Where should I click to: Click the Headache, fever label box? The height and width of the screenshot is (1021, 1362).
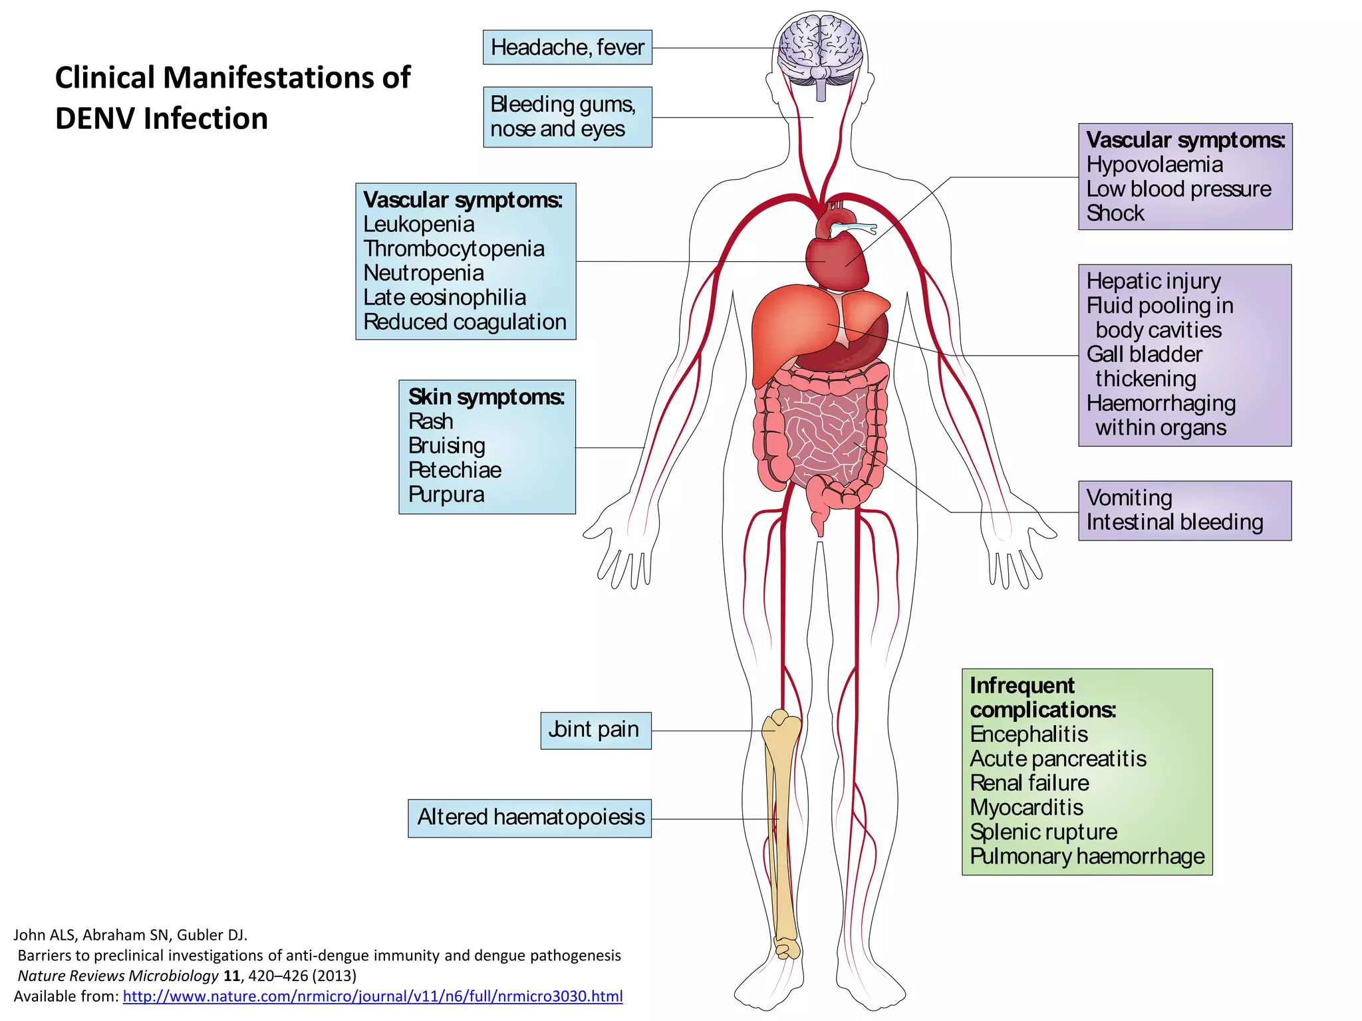[x=567, y=47]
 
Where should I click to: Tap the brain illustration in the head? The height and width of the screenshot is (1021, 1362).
[x=821, y=50]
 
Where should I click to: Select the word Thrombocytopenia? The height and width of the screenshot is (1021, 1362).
[x=454, y=249]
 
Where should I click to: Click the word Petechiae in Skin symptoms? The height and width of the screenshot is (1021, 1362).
[x=454, y=470]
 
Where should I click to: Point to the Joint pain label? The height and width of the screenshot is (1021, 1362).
[x=595, y=730]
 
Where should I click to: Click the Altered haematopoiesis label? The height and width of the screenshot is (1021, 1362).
[x=530, y=817]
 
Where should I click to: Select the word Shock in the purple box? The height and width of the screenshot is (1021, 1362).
[x=1115, y=213]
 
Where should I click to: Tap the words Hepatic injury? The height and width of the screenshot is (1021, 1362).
[x=1153, y=281]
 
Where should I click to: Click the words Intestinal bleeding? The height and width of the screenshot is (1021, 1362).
[x=1174, y=522]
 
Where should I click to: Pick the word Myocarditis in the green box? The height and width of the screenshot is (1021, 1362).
[x=1026, y=807]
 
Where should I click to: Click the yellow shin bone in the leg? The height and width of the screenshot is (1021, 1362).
[x=782, y=831]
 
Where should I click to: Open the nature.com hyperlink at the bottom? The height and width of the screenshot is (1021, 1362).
[x=372, y=996]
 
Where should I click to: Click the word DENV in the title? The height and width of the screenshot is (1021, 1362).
[x=95, y=119]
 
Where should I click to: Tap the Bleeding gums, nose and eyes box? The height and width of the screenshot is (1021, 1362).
[x=567, y=117]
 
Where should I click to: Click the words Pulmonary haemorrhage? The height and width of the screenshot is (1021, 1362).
[x=1087, y=856]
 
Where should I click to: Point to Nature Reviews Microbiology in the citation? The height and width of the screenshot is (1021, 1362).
[x=118, y=976]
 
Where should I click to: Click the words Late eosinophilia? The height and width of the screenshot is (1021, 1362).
[x=444, y=298]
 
